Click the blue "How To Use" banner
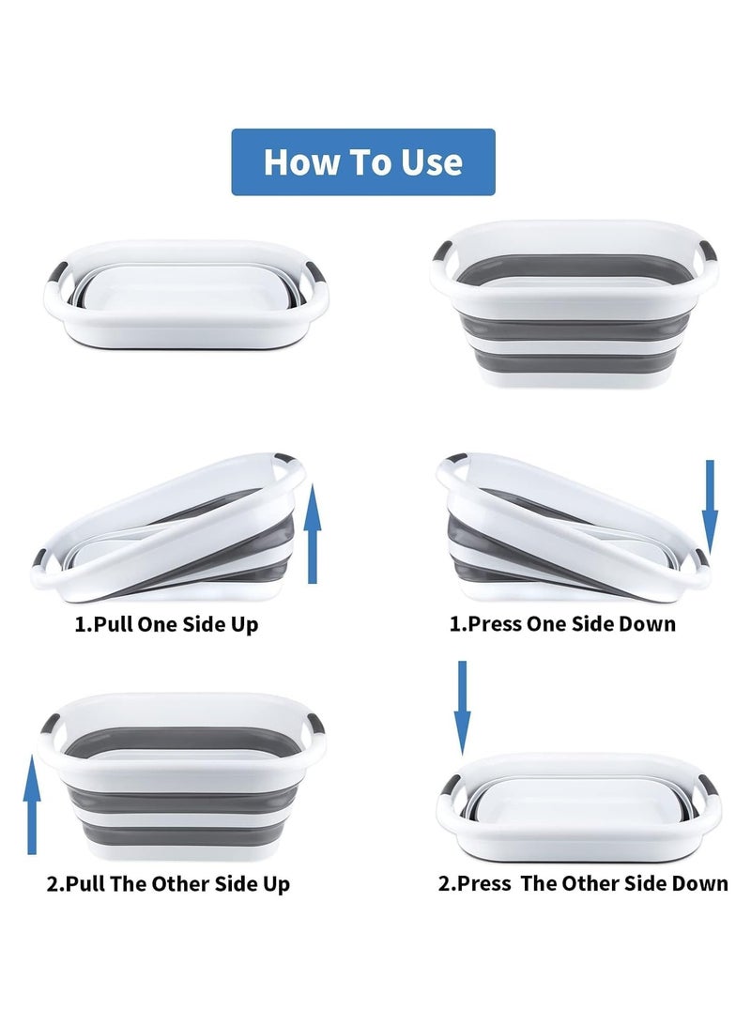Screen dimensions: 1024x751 [x=363, y=161]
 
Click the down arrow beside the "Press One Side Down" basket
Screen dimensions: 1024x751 [x=710, y=507]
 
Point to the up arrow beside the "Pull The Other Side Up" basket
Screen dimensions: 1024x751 [x=33, y=807]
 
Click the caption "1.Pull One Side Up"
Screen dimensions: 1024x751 [x=166, y=624]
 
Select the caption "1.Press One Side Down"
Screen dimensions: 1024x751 [x=562, y=623]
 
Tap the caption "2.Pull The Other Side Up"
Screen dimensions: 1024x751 [x=168, y=883]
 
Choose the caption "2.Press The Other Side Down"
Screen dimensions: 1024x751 [x=582, y=883]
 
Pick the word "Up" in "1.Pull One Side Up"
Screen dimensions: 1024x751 [x=243, y=624]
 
